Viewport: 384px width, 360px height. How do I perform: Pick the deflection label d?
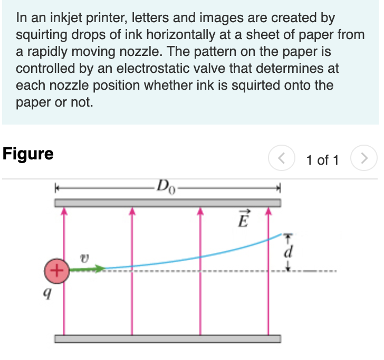click(x=287, y=252)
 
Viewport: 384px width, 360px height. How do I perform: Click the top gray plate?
click(x=168, y=203)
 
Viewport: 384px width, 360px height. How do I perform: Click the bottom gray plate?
click(x=168, y=338)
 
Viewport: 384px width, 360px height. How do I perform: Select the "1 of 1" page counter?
click(x=322, y=159)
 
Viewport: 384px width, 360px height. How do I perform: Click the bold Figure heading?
click(x=28, y=154)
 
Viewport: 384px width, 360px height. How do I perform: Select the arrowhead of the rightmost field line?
click(x=268, y=212)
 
